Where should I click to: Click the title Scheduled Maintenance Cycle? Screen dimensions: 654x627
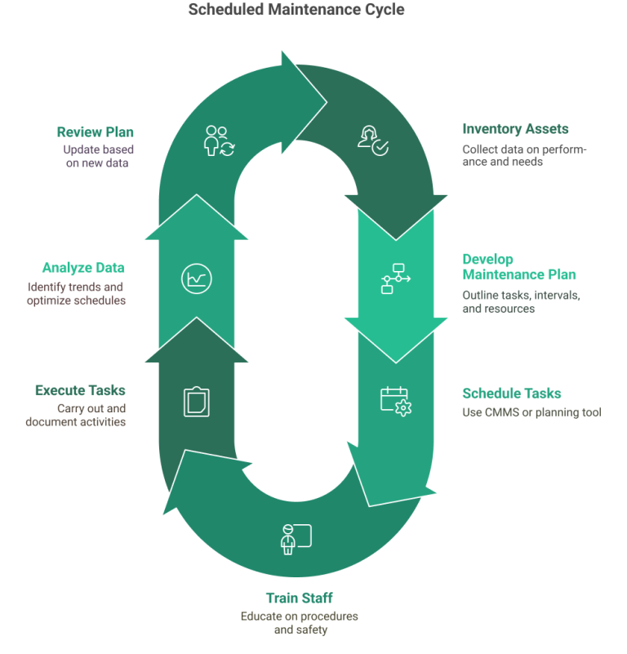(296, 10)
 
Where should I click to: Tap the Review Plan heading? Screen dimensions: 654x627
(95, 131)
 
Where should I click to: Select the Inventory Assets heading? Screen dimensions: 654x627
(515, 129)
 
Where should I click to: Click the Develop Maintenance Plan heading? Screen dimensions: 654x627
(519, 267)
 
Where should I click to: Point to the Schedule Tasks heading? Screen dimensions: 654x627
(512, 393)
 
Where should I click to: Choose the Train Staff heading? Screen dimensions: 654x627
(299, 598)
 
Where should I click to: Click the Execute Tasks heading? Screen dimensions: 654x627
(80, 390)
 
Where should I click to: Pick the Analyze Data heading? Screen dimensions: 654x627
(88, 267)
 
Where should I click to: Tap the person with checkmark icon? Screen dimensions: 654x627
(374, 140)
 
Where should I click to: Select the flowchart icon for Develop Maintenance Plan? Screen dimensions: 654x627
(396, 278)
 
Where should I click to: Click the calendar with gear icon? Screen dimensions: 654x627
(396, 401)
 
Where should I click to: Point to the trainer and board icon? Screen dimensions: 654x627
(296, 539)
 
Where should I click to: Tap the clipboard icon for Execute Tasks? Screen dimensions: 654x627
(196, 401)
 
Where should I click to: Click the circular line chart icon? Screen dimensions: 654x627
(196, 278)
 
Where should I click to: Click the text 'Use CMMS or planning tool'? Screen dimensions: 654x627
(531, 412)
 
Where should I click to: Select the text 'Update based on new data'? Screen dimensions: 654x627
(99, 156)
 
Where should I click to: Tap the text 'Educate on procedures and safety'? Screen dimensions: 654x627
(299, 622)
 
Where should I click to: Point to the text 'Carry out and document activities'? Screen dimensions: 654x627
(76, 415)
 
